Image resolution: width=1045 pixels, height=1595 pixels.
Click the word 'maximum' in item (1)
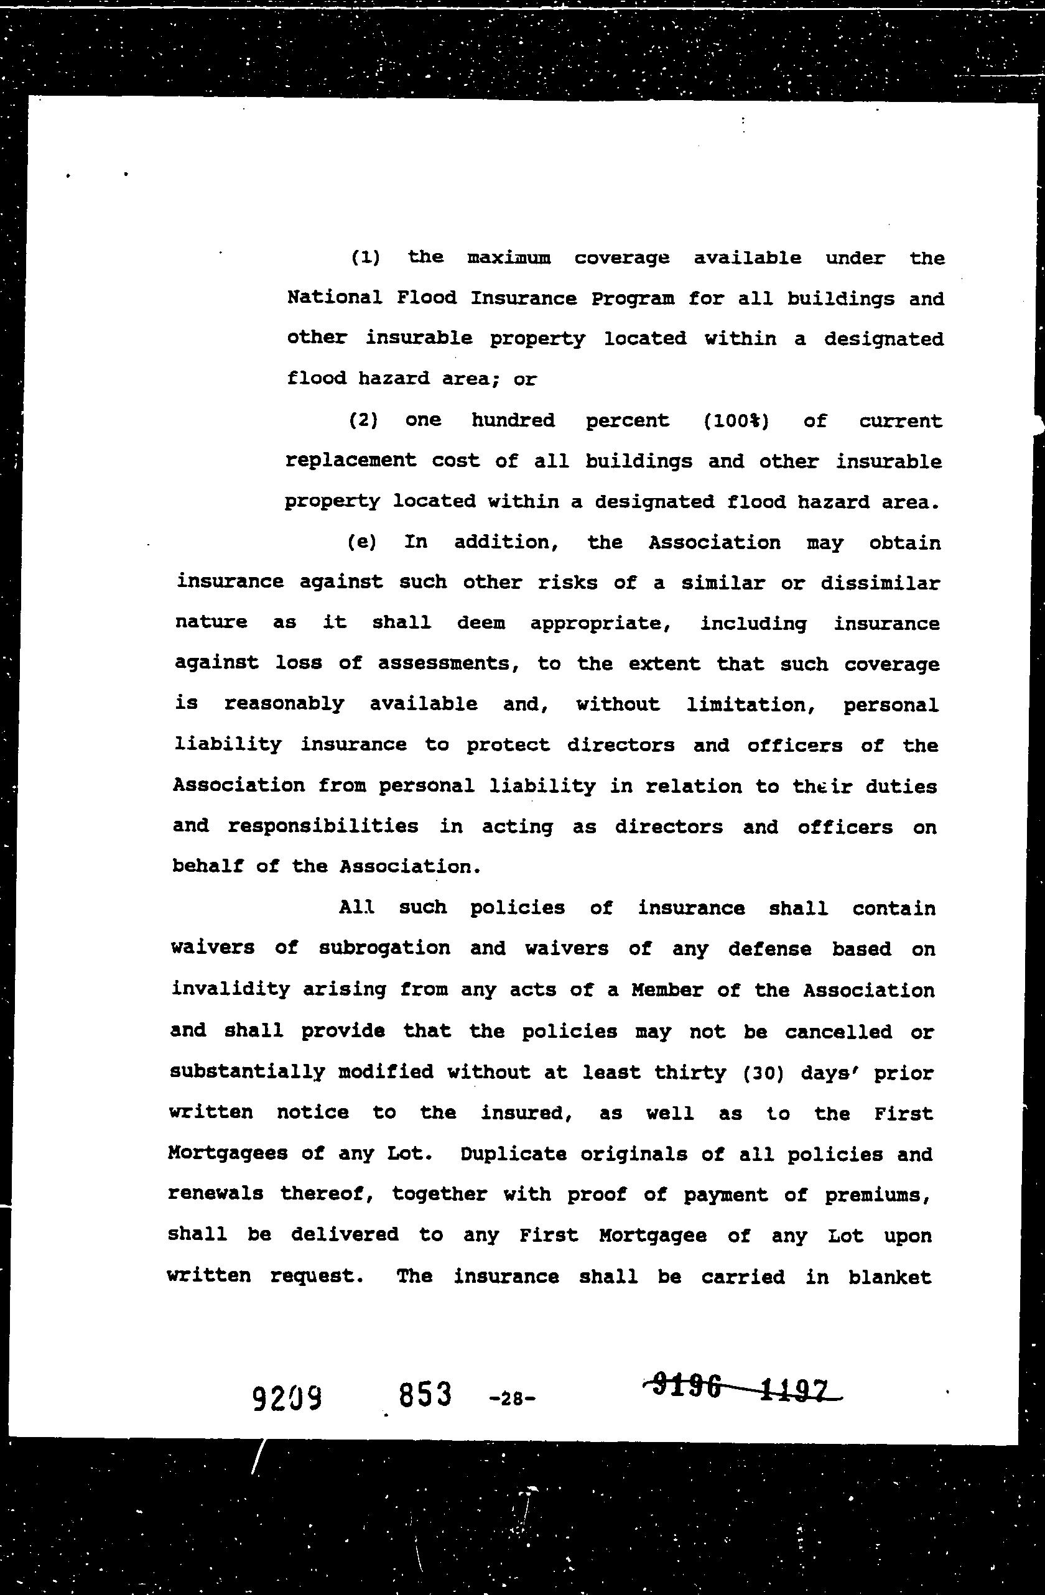coord(509,258)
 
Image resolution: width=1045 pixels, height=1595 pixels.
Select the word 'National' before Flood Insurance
coord(335,298)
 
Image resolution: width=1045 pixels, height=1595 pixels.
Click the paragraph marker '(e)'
coord(362,542)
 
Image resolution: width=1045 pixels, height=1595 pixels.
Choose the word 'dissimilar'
coord(880,583)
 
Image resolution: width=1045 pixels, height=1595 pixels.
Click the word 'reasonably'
coord(284,705)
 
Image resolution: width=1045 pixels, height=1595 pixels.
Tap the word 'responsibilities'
coord(322,826)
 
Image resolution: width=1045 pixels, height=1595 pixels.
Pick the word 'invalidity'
coord(230,989)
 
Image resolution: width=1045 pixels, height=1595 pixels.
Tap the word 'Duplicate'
coord(513,1154)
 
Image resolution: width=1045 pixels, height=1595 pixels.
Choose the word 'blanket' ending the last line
coord(889,1277)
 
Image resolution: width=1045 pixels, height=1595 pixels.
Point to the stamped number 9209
coord(287,1395)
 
